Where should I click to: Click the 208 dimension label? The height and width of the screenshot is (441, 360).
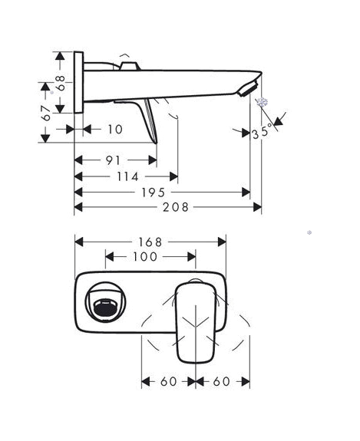click(176, 207)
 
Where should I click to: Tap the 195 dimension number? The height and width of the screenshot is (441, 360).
click(153, 193)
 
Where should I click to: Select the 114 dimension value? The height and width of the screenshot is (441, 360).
click(127, 177)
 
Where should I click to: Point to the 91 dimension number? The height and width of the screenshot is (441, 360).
click(113, 160)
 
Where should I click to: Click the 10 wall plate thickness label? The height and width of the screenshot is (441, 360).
click(115, 130)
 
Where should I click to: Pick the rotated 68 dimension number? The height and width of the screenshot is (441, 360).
click(60, 84)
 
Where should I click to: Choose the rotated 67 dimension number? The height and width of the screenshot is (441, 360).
click(46, 113)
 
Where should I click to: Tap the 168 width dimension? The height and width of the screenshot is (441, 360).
click(150, 242)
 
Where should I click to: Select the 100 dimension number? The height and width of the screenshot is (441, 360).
click(145, 256)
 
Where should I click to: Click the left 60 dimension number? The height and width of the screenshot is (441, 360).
click(169, 382)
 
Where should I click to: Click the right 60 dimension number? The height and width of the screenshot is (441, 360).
click(221, 382)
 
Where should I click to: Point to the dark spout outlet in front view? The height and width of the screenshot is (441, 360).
click(104, 308)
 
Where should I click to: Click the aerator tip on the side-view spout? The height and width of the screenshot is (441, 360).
click(248, 89)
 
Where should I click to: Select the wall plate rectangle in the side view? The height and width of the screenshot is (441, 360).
click(78, 82)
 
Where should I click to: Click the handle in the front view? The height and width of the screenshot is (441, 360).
click(196, 323)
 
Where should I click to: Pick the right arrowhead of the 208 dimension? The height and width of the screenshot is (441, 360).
click(257, 207)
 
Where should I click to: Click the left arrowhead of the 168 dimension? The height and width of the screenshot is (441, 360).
click(79, 242)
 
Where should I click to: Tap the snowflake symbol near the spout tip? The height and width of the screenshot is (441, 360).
click(263, 102)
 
